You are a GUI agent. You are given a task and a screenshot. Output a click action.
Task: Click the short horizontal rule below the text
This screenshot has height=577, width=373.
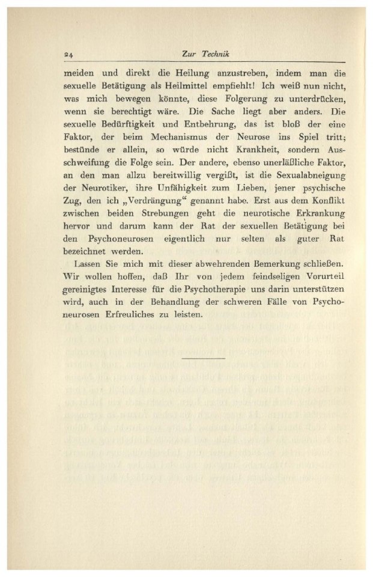[x=202, y=358]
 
